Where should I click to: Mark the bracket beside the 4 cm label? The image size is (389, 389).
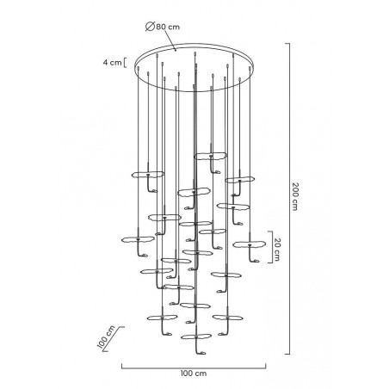click(127, 61)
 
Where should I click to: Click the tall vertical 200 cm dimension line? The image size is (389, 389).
click(287, 198)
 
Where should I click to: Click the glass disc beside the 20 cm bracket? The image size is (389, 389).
click(250, 245)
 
